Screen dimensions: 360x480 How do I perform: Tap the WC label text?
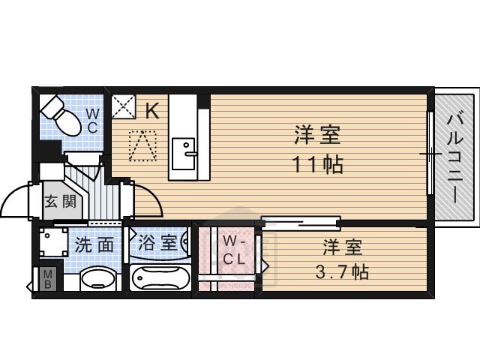click(x=91, y=120)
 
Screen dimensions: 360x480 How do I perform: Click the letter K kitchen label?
click(x=151, y=112)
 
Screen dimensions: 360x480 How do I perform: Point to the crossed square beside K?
click(x=121, y=107)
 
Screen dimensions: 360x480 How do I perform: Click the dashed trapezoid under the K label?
click(x=142, y=145)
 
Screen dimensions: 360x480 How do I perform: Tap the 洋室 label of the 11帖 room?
click(x=316, y=136)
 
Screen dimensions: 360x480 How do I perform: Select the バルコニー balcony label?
click(x=455, y=157)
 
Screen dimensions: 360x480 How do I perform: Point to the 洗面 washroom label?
click(x=93, y=244)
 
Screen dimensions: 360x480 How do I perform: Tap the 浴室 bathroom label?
click(x=157, y=243)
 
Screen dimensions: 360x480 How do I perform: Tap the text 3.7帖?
click(x=341, y=271)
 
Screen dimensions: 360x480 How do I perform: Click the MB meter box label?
click(x=46, y=279)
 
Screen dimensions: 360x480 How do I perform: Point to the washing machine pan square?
click(x=53, y=243)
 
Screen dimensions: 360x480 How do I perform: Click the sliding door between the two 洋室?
click(x=301, y=223)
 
